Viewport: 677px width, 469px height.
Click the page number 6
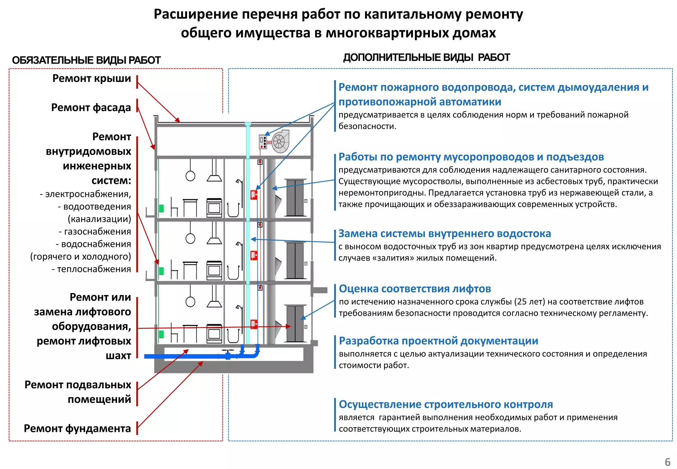pyautogui.click(x=667, y=462)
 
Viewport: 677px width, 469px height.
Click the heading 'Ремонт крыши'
pyautogui.click(x=92, y=79)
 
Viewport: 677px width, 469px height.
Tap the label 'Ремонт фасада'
pyautogui.click(x=91, y=108)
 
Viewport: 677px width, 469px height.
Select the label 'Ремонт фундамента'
pyautogui.click(x=77, y=429)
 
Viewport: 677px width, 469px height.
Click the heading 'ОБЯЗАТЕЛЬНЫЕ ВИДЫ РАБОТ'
pyautogui.click(x=86, y=61)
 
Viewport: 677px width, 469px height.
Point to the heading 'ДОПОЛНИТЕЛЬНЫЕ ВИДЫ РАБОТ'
pyautogui.click(x=426, y=58)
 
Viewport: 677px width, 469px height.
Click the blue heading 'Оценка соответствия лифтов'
pyautogui.click(x=415, y=289)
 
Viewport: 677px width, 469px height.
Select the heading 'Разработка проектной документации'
pyautogui.click(x=438, y=341)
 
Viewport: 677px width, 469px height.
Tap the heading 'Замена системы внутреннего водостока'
pyautogui.click(x=445, y=234)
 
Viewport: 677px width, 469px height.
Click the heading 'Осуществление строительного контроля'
pyautogui.click(x=446, y=405)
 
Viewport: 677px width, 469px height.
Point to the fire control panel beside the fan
pyautogui.click(x=263, y=142)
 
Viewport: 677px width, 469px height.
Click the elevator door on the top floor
pyautogui.click(x=295, y=198)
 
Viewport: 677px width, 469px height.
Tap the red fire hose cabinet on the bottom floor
pyautogui.click(x=254, y=324)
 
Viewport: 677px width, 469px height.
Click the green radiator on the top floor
pyautogui.click(x=161, y=208)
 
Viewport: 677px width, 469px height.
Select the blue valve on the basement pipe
pyautogui.click(x=228, y=356)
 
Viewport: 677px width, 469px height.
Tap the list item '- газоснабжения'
pyautogui.click(x=95, y=232)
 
